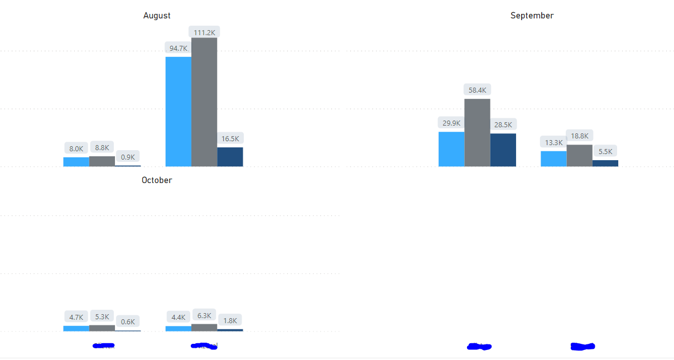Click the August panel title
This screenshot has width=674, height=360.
coord(157,16)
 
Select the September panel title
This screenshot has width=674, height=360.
coord(532,16)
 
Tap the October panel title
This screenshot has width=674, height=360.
coord(157,180)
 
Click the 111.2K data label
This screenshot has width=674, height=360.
coord(204,32)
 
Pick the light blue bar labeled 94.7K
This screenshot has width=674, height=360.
coord(179,112)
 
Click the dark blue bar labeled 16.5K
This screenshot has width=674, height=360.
coord(230,157)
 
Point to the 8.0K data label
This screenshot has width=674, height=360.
coord(76,149)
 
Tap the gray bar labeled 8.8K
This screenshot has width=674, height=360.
coord(102,161)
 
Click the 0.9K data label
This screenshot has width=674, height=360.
coord(128,157)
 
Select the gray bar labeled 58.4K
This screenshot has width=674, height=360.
coord(477,133)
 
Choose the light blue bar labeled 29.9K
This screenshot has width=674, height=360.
coord(451,149)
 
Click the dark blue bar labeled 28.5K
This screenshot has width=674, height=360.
coord(503,150)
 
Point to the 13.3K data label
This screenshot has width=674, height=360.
coord(553,142)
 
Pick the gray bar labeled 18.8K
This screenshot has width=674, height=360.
coord(580,156)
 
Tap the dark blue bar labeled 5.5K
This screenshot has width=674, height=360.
coord(605,164)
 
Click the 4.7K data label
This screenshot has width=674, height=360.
coord(76,317)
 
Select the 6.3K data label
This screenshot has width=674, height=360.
coord(204,315)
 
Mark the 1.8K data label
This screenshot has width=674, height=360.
coord(230,320)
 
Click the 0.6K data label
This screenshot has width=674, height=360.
coord(128,321)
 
